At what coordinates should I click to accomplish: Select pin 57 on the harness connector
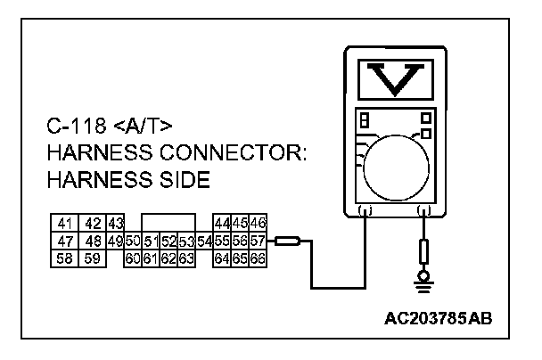(259, 241)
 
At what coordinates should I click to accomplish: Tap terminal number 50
(133, 241)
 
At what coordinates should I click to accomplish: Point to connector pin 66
(259, 258)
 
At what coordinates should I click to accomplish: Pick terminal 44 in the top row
(221, 224)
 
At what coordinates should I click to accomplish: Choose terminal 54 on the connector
(204, 241)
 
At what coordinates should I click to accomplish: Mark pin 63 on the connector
(186, 258)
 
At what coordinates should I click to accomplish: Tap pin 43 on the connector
(114, 224)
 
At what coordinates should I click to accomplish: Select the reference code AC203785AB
(438, 316)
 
